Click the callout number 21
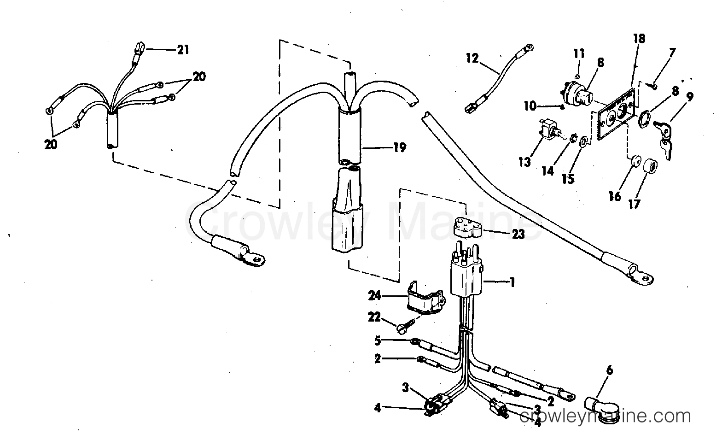[x=183, y=50]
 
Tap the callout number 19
[x=400, y=147]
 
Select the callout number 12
[x=472, y=59]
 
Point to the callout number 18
[x=639, y=39]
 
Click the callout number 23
[x=518, y=234]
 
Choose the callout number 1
[x=513, y=282]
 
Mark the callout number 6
[x=610, y=370]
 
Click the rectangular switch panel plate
[x=615, y=114]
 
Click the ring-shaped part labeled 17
[x=650, y=166]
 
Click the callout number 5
[x=377, y=341]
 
